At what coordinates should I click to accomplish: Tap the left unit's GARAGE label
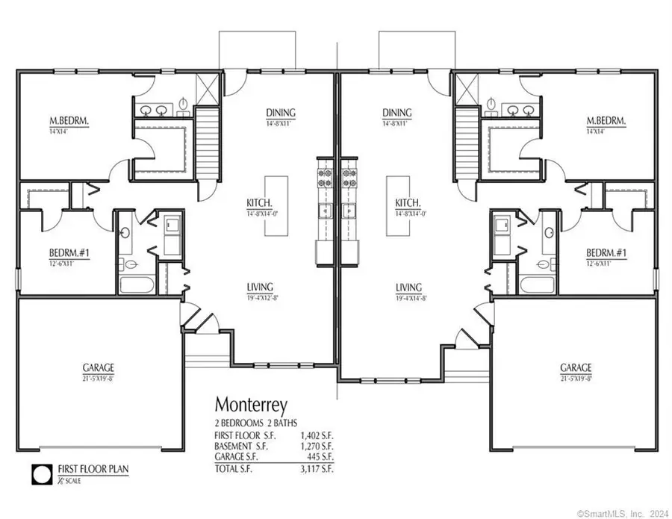pos(99,367)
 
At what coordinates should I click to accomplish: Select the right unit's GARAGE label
pos(576,367)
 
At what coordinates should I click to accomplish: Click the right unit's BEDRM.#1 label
pos(606,254)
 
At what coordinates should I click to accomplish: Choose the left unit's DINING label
pos(281,114)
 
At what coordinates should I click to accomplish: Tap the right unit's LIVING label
pos(409,287)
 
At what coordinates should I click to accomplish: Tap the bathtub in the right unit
pos(535,285)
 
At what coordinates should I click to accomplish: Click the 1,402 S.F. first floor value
pos(315,434)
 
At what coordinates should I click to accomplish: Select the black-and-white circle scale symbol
pos(40,473)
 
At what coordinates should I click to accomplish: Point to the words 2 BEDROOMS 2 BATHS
pos(253,423)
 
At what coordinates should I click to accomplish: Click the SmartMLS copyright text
pos(623,513)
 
